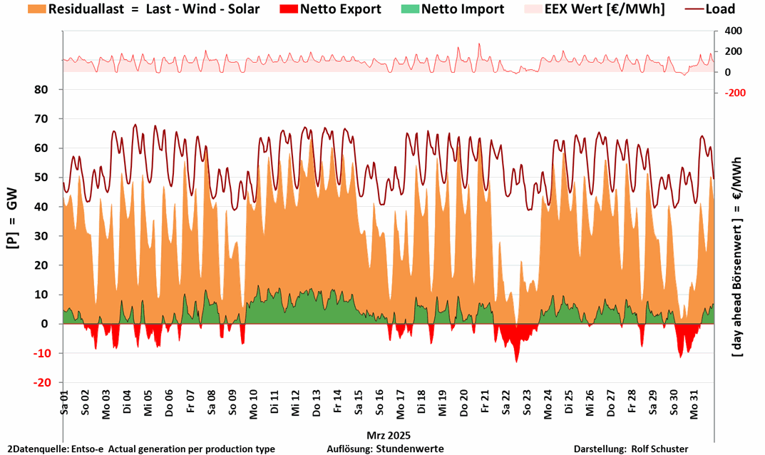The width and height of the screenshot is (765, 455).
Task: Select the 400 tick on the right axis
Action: [x=733, y=31]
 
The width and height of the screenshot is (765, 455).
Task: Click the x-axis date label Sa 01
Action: [x=64, y=404]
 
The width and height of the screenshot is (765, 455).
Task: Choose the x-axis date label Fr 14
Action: [x=337, y=404]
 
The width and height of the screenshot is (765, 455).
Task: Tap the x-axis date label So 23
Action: [x=527, y=404]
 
